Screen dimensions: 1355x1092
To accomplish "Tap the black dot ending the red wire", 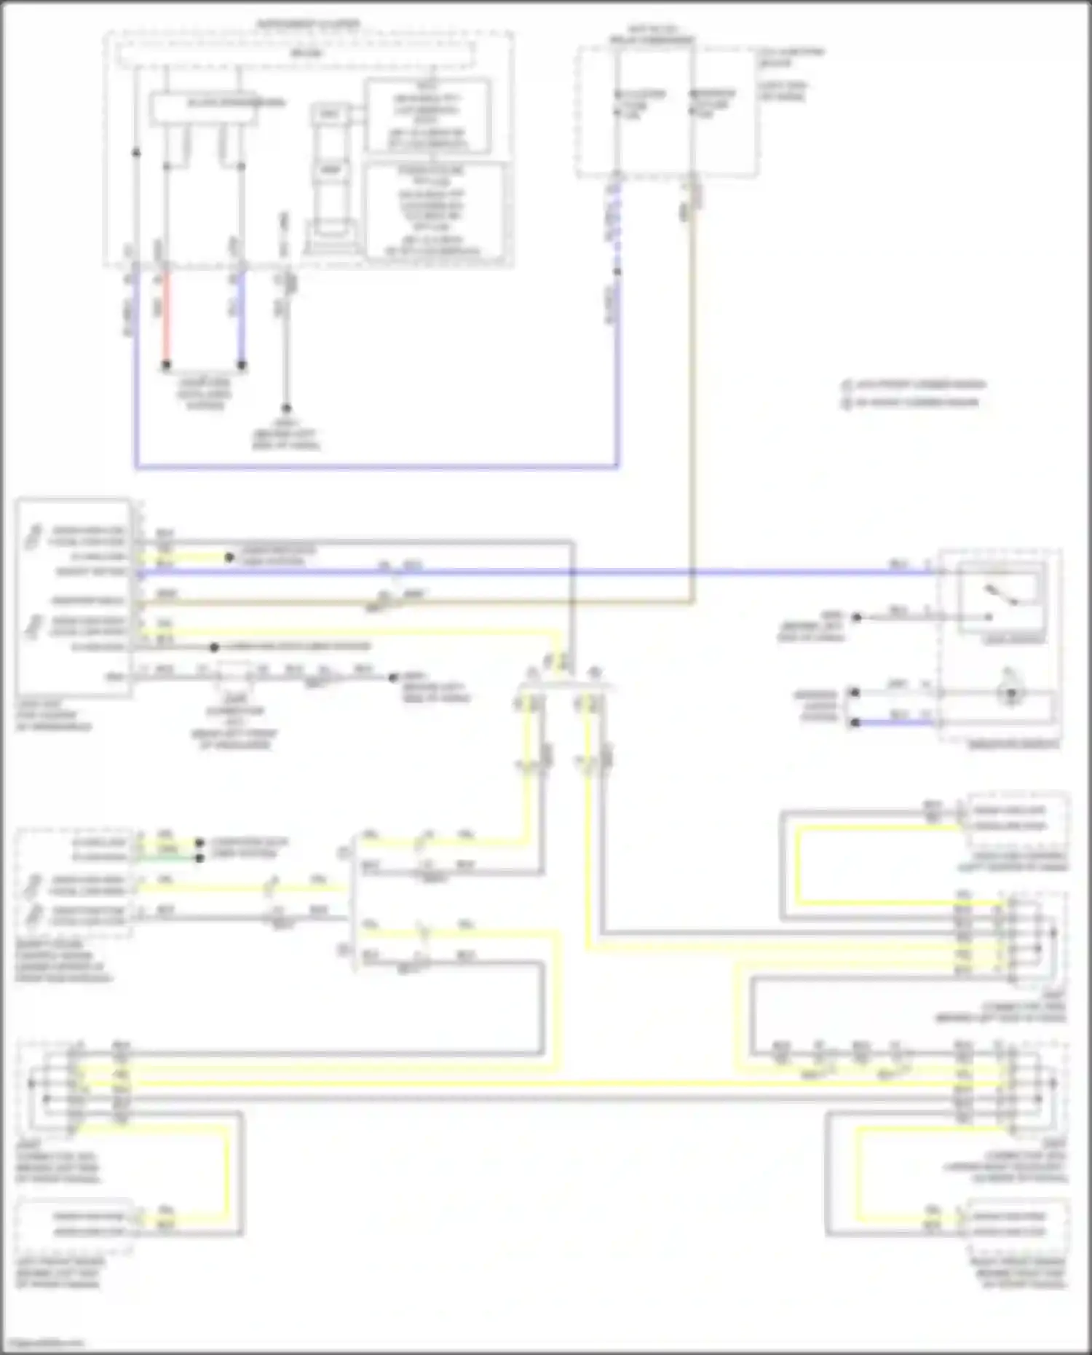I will click(166, 364).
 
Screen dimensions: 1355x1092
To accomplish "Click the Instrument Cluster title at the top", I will click(307, 24).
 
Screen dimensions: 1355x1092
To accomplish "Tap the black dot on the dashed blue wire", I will click(617, 272).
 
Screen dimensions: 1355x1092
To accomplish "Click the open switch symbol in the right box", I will click(1002, 596).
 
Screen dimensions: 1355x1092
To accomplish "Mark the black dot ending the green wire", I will click(199, 858).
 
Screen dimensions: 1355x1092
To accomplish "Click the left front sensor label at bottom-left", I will click(61, 1273).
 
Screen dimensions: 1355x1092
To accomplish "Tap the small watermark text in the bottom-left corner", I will click(42, 1343).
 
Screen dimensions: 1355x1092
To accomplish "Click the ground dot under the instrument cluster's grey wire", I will click(286, 408).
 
